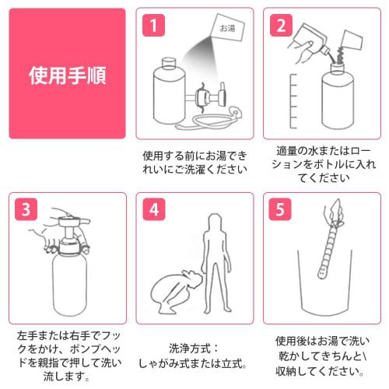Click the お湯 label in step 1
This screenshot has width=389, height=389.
[227, 29]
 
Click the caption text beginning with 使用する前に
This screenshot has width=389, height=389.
[194, 162]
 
